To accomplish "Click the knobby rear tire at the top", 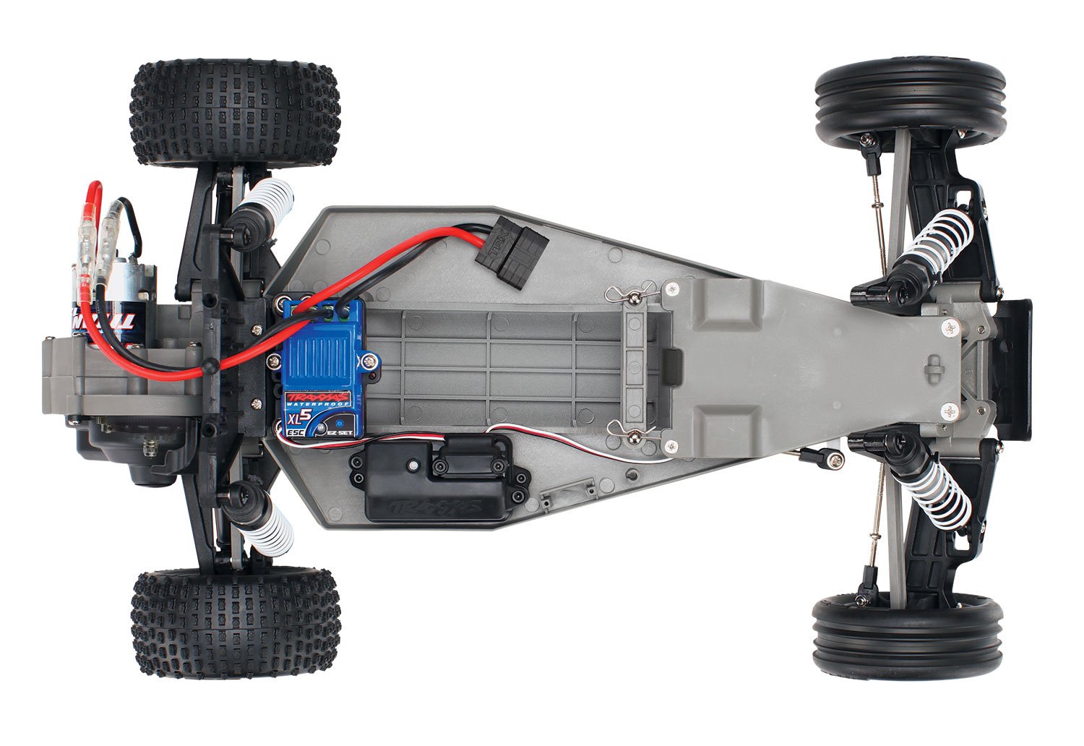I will (x=235, y=113).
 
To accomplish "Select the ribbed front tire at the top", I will (x=910, y=101).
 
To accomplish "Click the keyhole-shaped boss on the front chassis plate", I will (x=934, y=367).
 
